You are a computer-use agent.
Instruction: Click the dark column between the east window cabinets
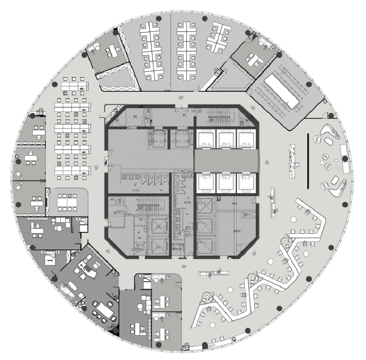pos(345,159)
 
